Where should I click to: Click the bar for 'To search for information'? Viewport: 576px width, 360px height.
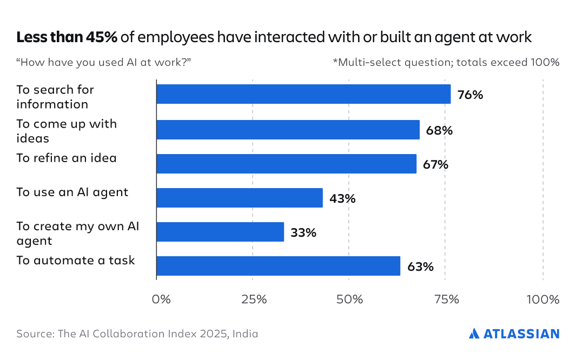click(303, 94)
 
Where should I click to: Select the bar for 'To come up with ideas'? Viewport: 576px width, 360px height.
click(288, 130)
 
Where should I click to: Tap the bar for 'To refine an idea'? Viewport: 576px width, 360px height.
click(286, 164)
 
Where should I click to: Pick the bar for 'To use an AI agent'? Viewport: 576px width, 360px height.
click(240, 198)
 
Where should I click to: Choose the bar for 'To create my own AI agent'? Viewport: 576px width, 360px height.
click(220, 232)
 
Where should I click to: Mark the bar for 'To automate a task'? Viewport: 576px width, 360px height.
click(278, 266)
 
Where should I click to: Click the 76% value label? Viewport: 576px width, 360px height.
click(470, 95)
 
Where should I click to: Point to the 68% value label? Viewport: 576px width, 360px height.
click(439, 130)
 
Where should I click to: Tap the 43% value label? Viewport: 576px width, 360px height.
click(342, 198)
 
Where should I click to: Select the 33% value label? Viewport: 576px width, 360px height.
click(303, 232)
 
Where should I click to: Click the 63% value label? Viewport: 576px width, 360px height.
click(420, 266)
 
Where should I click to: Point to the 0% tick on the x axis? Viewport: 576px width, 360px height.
click(161, 299)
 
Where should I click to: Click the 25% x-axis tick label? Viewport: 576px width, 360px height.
click(253, 299)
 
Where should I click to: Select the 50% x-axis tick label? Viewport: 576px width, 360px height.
click(349, 299)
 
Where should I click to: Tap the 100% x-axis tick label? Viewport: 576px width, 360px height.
click(542, 299)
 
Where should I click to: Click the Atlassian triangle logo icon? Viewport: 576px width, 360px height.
click(474, 334)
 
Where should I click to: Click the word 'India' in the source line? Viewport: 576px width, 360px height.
click(246, 334)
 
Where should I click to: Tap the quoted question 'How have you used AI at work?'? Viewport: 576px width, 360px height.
click(104, 62)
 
